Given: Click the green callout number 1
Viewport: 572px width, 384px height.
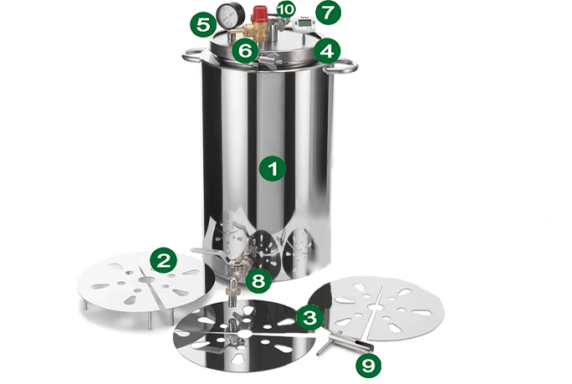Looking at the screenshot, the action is pyautogui.click(x=273, y=169).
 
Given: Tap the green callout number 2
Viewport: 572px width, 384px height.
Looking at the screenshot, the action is pyautogui.click(x=163, y=260).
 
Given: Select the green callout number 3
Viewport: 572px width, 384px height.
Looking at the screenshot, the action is pyautogui.click(x=309, y=318).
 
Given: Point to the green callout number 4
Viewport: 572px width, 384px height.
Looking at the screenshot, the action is pyautogui.click(x=327, y=51).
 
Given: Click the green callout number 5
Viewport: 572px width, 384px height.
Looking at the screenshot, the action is pyautogui.click(x=203, y=25).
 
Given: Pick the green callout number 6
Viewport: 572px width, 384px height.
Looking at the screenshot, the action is pyautogui.click(x=245, y=51).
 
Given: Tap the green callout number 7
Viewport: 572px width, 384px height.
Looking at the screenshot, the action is pyautogui.click(x=328, y=13).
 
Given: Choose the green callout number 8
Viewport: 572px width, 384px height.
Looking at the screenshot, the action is pyautogui.click(x=258, y=281).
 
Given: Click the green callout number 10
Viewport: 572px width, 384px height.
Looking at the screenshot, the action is pyautogui.click(x=286, y=10).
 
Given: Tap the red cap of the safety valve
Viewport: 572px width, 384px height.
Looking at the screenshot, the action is pyautogui.click(x=259, y=13).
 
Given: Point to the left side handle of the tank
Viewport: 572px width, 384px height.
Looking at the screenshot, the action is pyautogui.click(x=193, y=57).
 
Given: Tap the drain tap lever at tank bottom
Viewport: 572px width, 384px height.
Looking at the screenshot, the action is pyautogui.click(x=205, y=251).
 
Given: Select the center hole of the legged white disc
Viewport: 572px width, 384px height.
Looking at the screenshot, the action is pyautogui.click(x=147, y=279).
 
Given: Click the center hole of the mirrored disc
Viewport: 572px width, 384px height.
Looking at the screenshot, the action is pyautogui.click(x=243, y=334).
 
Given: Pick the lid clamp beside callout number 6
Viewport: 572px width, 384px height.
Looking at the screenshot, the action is pyautogui.click(x=268, y=60).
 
